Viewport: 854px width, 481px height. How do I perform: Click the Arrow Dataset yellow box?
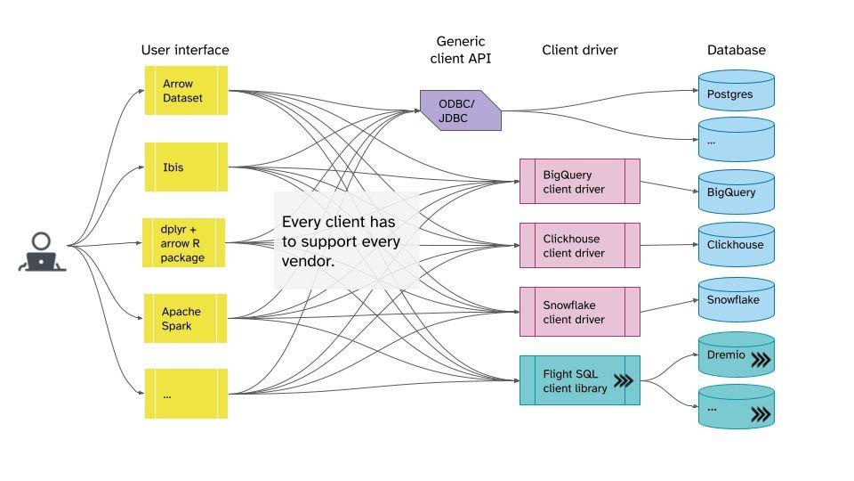(186, 90)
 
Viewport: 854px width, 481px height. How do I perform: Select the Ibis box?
(186, 167)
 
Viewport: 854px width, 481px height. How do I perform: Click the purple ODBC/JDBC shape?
(460, 110)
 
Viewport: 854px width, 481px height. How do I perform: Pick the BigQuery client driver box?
(579, 182)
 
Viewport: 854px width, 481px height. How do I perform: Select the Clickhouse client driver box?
(579, 246)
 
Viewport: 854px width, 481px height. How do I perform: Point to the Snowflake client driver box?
(579, 312)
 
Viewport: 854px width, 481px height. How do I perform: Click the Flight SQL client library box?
(579, 380)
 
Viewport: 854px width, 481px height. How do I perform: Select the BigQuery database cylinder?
(737, 192)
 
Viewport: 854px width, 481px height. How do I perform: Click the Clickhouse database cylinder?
(737, 245)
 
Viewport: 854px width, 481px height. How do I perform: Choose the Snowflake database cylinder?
(737, 300)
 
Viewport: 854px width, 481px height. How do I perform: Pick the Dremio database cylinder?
(737, 356)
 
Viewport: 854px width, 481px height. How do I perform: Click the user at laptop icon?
(42, 252)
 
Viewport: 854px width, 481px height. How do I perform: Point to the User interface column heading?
(185, 50)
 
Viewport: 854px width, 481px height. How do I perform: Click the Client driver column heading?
(580, 50)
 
